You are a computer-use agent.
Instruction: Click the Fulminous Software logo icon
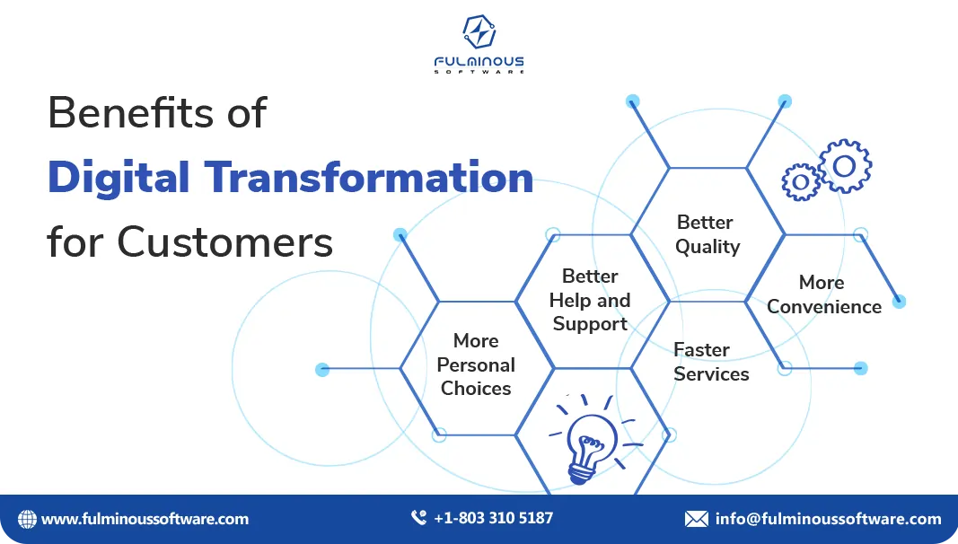point(479,32)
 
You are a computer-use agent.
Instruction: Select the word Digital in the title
point(119,177)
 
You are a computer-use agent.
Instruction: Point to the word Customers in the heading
point(225,241)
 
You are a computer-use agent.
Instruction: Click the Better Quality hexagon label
point(707,234)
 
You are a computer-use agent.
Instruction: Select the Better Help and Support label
point(590,300)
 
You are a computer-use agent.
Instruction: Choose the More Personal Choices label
point(476,364)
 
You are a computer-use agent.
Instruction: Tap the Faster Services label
point(709,362)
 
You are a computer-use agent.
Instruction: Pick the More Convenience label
point(823,294)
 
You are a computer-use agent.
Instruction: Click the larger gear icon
point(844,166)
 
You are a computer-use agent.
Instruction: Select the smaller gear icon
point(799,182)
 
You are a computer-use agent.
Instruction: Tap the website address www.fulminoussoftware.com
point(145,519)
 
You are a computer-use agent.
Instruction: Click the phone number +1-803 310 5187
point(493,518)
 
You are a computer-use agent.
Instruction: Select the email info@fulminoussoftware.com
point(828,519)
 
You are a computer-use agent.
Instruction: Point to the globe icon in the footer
point(27,519)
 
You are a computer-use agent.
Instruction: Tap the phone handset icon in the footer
point(418,518)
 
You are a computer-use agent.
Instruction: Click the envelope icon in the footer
point(696,519)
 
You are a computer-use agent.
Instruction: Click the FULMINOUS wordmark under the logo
point(479,62)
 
